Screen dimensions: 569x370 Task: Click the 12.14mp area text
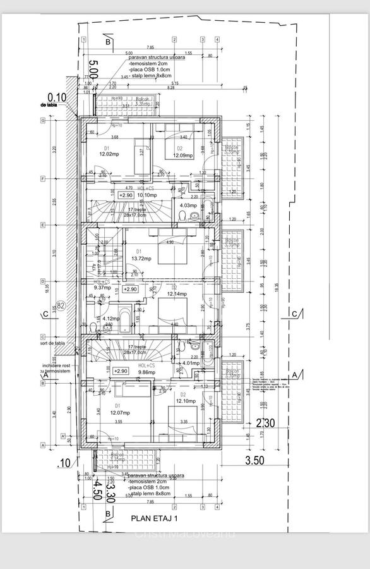point(177,294)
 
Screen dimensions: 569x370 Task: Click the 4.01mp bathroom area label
point(190,363)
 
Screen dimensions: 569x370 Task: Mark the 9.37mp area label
point(102,287)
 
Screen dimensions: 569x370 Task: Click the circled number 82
point(61,307)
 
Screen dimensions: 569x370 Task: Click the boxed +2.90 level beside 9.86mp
point(120,371)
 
